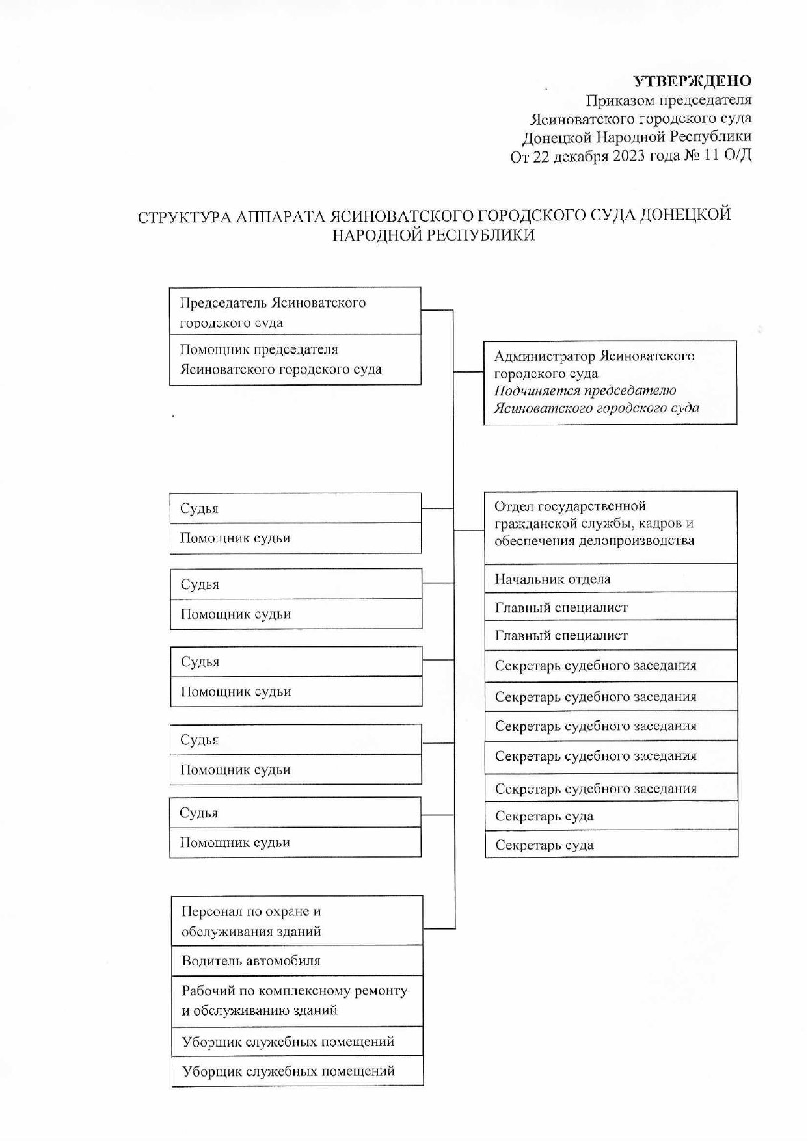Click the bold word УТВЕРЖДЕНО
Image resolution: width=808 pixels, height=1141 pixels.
click(x=692, y=81)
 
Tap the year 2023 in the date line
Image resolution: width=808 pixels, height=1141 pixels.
click(x=628, y=157)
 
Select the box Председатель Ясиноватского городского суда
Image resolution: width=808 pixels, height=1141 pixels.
click(x=295, y=311)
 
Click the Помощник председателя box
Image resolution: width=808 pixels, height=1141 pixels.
click(x=295, y=360)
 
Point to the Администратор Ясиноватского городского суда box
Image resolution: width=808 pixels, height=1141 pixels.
click(x=610, y=382)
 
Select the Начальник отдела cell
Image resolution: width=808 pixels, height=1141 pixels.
click(x=610, y=579)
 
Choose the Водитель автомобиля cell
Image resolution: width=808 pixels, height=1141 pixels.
click(x=297, y=960)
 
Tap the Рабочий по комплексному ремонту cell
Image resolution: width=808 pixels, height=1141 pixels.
click(x=297, y=1000)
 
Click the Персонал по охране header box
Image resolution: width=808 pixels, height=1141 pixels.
click(x=297, y=921)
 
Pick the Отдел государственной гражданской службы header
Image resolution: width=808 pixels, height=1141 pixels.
click(x=610, y=524)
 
